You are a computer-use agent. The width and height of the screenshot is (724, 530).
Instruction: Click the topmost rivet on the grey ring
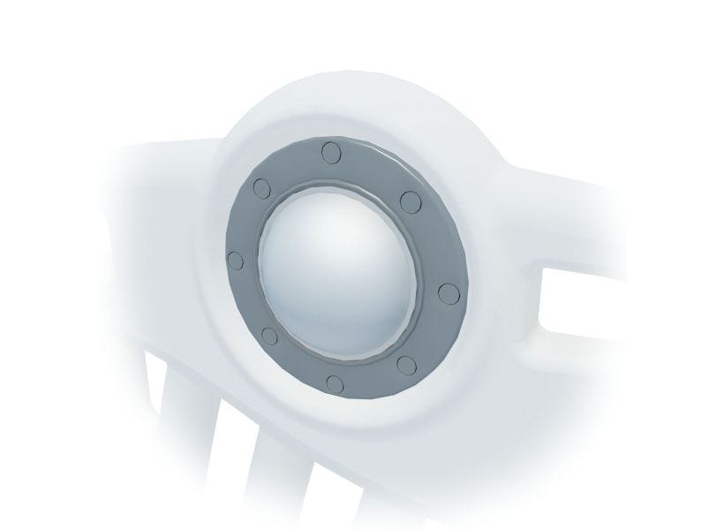pyautogui.click(x=331, y=152)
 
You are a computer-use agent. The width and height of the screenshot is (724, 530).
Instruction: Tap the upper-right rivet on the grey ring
pyautogui.click(x=410, y=201)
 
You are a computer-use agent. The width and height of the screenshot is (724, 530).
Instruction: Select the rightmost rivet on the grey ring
pyautogui.click(x=446, y=290)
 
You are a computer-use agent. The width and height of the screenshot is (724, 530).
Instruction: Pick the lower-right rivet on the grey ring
pyautogui.click(x=407, y=363)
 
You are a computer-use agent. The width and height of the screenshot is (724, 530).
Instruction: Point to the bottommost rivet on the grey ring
pyautogui.click(x=333, y=383)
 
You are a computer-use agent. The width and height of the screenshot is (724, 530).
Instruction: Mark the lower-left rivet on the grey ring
pyautogui.click(x=270, y=335)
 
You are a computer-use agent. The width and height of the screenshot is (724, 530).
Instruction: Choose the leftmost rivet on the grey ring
pyautogui.click(x=234, y=260)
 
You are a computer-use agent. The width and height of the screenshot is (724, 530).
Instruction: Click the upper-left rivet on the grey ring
pyautogui.click(x=261, y=188)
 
